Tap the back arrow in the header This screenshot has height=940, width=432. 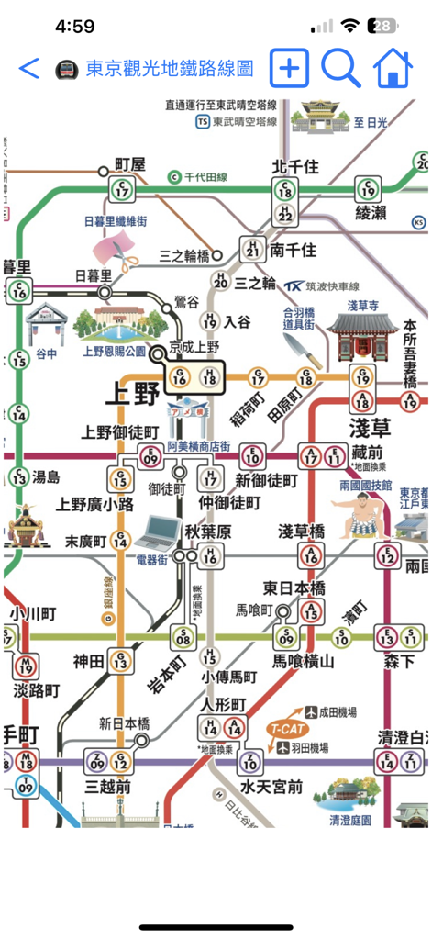tap(29, 68)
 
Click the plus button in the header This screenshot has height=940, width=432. tap(289, 68)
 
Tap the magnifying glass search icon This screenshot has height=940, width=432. tap(339, 68)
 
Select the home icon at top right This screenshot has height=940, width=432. tap(392, 68)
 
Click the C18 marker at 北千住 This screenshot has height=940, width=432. tap(285, 190)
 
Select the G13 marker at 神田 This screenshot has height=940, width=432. tap(120, 660)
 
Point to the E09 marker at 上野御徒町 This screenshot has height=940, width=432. tap(150, 456)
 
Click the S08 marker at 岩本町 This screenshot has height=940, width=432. tap(184, 636)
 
